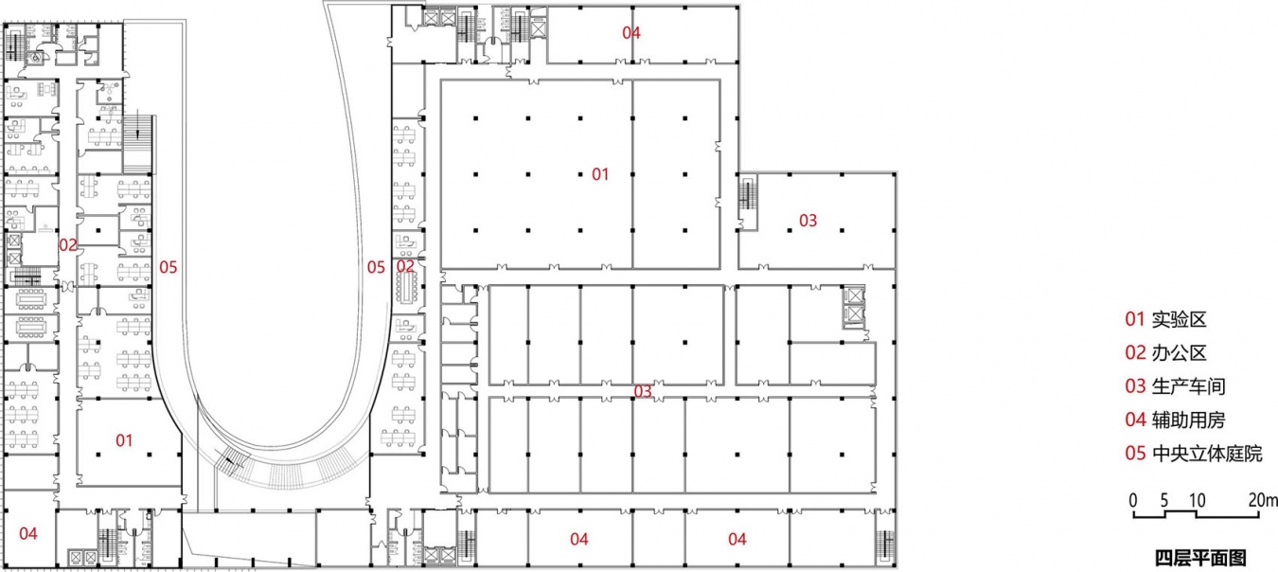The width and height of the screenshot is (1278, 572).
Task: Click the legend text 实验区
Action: coord(1179,319)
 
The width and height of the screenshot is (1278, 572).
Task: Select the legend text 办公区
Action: coord(1179,353)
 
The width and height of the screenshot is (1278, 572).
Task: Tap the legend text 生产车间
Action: coord(1188,386)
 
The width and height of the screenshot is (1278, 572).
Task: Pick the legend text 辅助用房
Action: coord(1188,420)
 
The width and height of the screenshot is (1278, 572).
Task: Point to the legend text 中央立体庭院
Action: coord(1207,454)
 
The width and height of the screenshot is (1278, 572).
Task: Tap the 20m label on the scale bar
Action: coord(1263,501)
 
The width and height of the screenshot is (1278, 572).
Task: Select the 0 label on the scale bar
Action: coord(1133,501)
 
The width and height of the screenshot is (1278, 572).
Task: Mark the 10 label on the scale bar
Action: coord(1197,501)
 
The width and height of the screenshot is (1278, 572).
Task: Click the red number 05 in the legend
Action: coord(1135,454)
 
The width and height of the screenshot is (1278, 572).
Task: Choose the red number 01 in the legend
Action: coord(1135,319)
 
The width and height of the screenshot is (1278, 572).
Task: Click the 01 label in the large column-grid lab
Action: coord(600,174)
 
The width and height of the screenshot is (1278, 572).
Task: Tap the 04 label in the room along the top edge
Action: coord(631,33)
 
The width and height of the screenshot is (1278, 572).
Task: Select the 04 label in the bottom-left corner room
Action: coord(28,534)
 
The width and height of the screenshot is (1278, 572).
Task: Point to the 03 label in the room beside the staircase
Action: coord(808,221)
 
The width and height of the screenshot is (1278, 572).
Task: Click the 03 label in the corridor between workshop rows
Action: coord(643,392)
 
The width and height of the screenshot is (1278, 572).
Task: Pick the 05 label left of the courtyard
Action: coord(168,267)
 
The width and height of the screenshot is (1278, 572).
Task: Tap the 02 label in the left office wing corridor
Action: coord(68,245)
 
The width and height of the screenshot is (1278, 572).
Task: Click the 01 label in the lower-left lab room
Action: coord(124,440)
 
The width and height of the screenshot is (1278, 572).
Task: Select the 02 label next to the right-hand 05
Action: coord(405,265)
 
